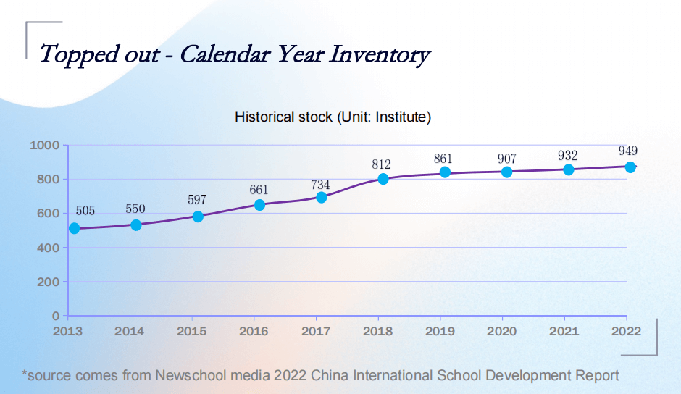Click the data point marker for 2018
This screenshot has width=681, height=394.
click(383, 179)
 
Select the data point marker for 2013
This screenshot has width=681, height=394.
click(74, 228)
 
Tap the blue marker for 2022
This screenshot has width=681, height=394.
click(630, 167)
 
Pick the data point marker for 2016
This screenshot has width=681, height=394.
click(259, 205)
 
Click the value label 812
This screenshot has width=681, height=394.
click(381, 164)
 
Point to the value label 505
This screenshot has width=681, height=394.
click(85, 211)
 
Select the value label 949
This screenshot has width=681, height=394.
click(628, 151)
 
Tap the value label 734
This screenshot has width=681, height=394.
click(320, 185)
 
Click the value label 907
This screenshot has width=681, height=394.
click(506, 159)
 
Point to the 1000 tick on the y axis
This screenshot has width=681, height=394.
click(44, 145)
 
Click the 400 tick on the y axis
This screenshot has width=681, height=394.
click(48, 247)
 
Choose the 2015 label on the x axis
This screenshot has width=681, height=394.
click(192, 331)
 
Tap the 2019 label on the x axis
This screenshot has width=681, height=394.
click(440, 331)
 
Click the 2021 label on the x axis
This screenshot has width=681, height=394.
click(564, 331)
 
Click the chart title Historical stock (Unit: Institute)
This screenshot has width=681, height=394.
click(333, 117)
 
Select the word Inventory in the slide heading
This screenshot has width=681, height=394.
click(380, 55)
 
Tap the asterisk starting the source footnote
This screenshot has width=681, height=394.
click(25, 374)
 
